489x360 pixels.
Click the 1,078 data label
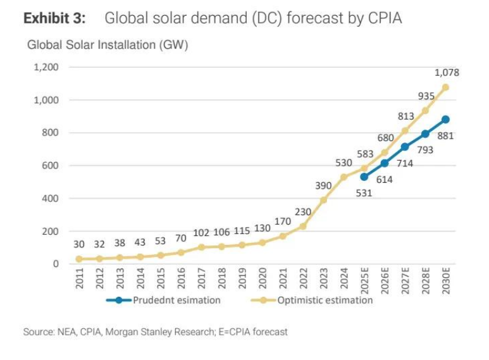point(447,73)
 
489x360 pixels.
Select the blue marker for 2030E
point(446,120)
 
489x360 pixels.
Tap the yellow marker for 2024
point(344,177)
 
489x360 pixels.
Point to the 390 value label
point(323,185)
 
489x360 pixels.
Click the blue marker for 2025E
point(364,177)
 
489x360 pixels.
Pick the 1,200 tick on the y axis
point(46,67)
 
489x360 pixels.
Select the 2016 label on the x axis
point(181,279)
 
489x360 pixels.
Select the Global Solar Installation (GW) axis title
point(108,46)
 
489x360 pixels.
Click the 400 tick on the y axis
point(50,198)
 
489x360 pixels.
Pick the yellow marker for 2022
point(303,226)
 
